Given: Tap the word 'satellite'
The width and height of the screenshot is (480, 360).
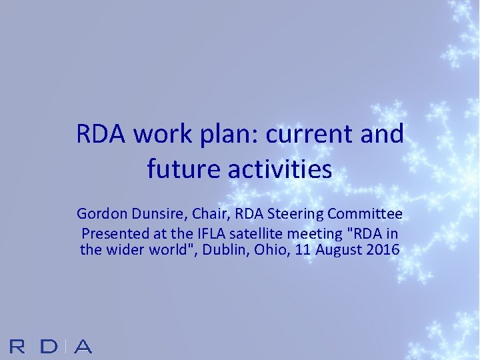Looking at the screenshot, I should coord(240,234).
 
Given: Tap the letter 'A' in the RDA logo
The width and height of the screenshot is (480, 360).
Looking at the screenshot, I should coord(82,347).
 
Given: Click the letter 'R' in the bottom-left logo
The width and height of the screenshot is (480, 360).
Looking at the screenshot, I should coord(19,347).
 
